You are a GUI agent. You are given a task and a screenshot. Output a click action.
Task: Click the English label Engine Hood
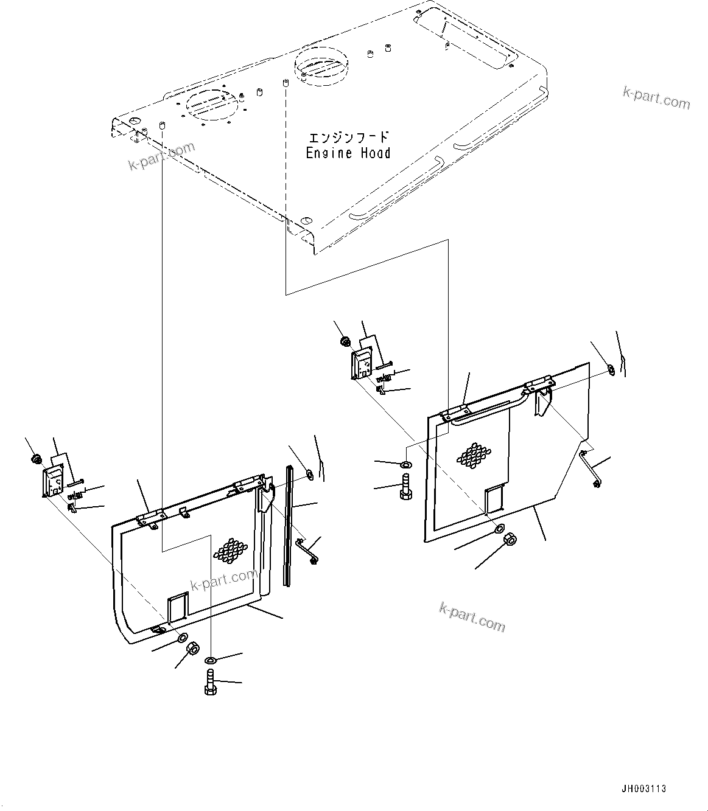pos(348,153)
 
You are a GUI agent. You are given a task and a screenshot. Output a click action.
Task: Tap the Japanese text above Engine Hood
pos(348,137)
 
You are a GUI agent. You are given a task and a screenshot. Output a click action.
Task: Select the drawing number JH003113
pos(644,788)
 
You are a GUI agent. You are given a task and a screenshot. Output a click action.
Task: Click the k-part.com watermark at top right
pos(656,98)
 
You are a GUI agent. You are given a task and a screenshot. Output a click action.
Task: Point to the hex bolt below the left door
pos(209,682)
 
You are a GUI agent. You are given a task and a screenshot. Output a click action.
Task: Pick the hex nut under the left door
pos(192,648)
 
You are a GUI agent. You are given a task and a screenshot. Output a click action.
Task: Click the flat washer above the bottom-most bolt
pos(210,661)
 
